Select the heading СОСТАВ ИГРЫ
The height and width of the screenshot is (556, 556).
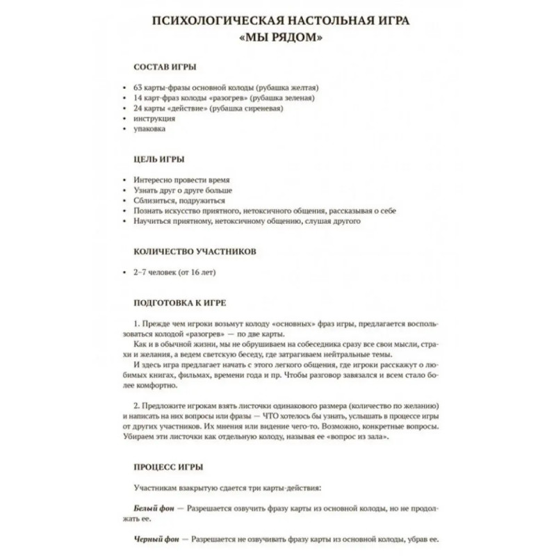(164, 67)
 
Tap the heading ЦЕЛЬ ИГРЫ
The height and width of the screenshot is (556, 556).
(158, 160)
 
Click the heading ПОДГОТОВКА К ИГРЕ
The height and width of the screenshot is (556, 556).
(179, 303)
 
